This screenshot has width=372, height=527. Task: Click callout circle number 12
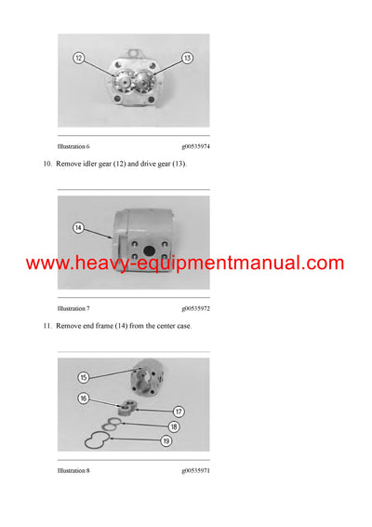79,58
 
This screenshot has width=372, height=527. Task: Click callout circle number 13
187,58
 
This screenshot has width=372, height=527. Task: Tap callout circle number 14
78,225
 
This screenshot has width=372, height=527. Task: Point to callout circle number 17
179,411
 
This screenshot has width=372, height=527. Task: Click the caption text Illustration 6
73,146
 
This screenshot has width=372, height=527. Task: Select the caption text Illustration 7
73,307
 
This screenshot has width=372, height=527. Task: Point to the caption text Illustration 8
73,472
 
